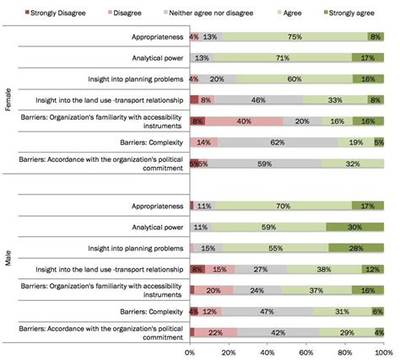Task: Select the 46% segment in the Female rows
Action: click(x=258, y=99)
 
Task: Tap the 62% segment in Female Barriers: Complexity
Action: click(x=277, y=142)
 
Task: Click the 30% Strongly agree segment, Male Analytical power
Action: click(x=354, y=227)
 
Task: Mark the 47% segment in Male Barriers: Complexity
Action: click(x=267, y=311)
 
